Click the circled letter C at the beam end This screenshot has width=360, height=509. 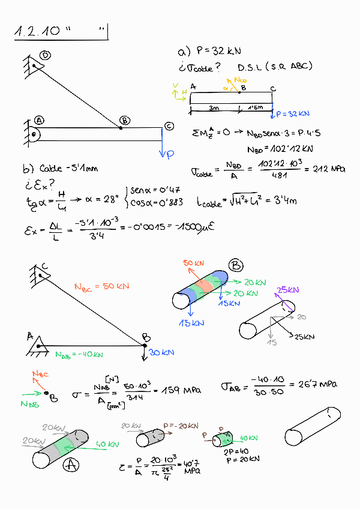[169, 125]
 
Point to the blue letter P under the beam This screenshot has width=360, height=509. [170, 154]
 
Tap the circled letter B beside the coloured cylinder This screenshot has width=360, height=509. [236, 265]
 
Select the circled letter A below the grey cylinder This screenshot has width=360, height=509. [71, 464]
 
